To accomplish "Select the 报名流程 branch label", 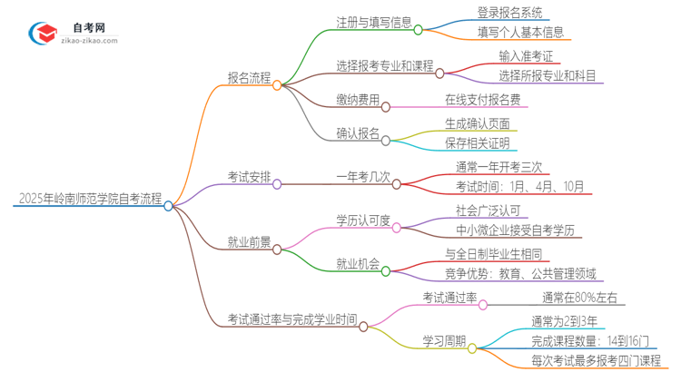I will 248,78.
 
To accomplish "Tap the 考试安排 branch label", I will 248,176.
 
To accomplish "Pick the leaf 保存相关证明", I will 477,142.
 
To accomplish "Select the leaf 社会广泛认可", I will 491,209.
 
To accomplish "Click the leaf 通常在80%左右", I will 578,297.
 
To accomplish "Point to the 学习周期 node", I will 444,341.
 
